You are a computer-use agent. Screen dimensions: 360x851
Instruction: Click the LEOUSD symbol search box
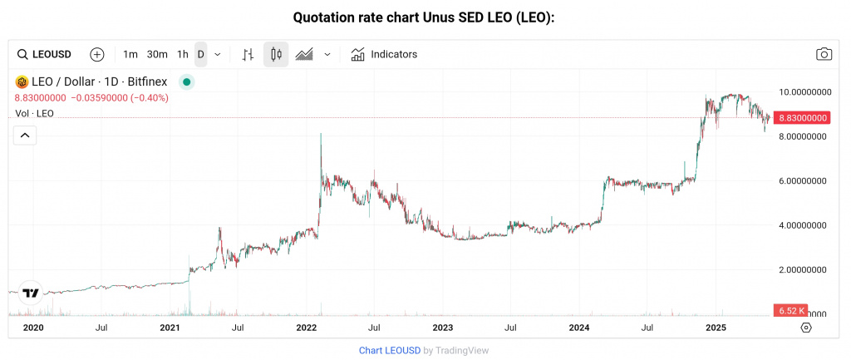click(47, 54)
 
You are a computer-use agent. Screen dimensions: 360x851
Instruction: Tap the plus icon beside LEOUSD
click(97, 54)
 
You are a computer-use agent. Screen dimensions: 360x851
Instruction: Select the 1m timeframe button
click(130, 54)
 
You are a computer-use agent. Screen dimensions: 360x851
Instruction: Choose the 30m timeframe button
click(157, 54)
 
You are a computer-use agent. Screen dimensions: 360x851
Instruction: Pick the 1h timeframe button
click(183, 54)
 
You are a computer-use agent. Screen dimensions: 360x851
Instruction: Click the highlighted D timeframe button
click(200, 54)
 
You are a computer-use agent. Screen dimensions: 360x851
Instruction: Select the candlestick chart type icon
click(276, 54)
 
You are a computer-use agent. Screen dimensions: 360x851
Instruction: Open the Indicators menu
click(384, 54)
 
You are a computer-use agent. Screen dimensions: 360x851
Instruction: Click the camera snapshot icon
click(824, 54)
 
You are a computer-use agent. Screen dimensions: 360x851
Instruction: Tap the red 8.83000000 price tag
click(801, 118)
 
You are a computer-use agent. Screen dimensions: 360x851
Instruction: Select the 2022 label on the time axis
click(307, 328)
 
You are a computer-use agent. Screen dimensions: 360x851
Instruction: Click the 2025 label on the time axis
click(716, 328)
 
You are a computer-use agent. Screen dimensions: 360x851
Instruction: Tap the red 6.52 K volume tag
click(790, 310)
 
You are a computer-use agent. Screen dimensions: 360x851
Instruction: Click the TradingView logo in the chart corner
click(31, 293)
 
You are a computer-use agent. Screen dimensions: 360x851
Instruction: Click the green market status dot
click(187, 81)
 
